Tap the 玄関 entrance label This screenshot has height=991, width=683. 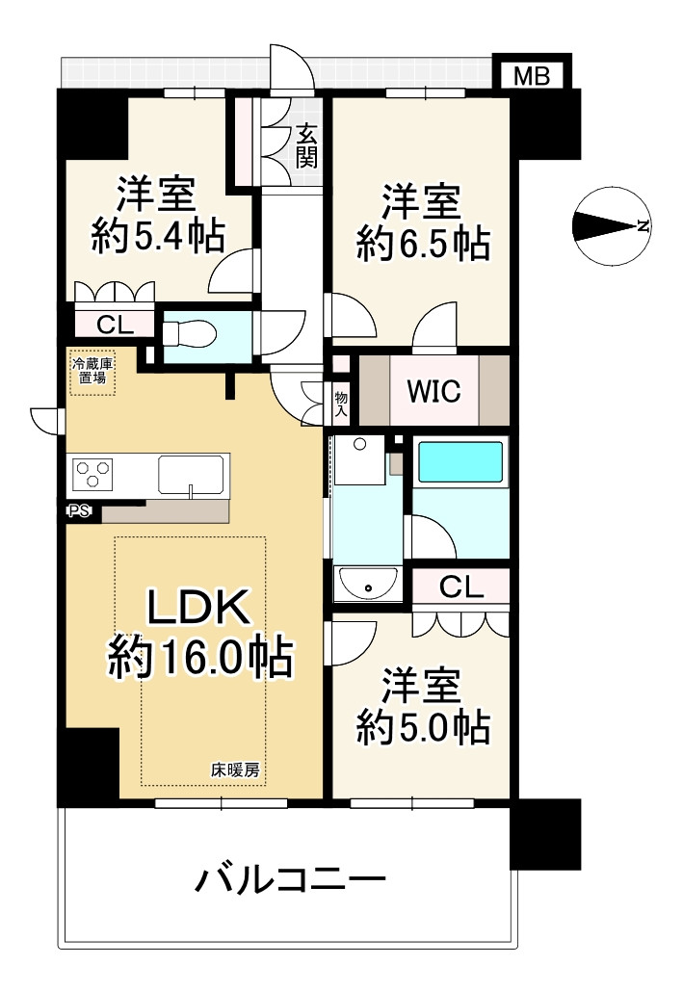click(306, 145)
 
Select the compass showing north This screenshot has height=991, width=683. click(610, 226)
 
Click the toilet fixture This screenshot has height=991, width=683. click(192, 333)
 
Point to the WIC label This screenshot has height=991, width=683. click(433, 391)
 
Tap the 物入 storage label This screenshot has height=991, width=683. click(341, 403)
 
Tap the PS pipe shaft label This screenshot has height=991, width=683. click(78, 511)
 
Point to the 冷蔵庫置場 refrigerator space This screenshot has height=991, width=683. click(92, 372)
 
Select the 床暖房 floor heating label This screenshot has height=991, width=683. click(234, 769)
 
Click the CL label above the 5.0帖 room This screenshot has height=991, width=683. click(461, 587)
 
